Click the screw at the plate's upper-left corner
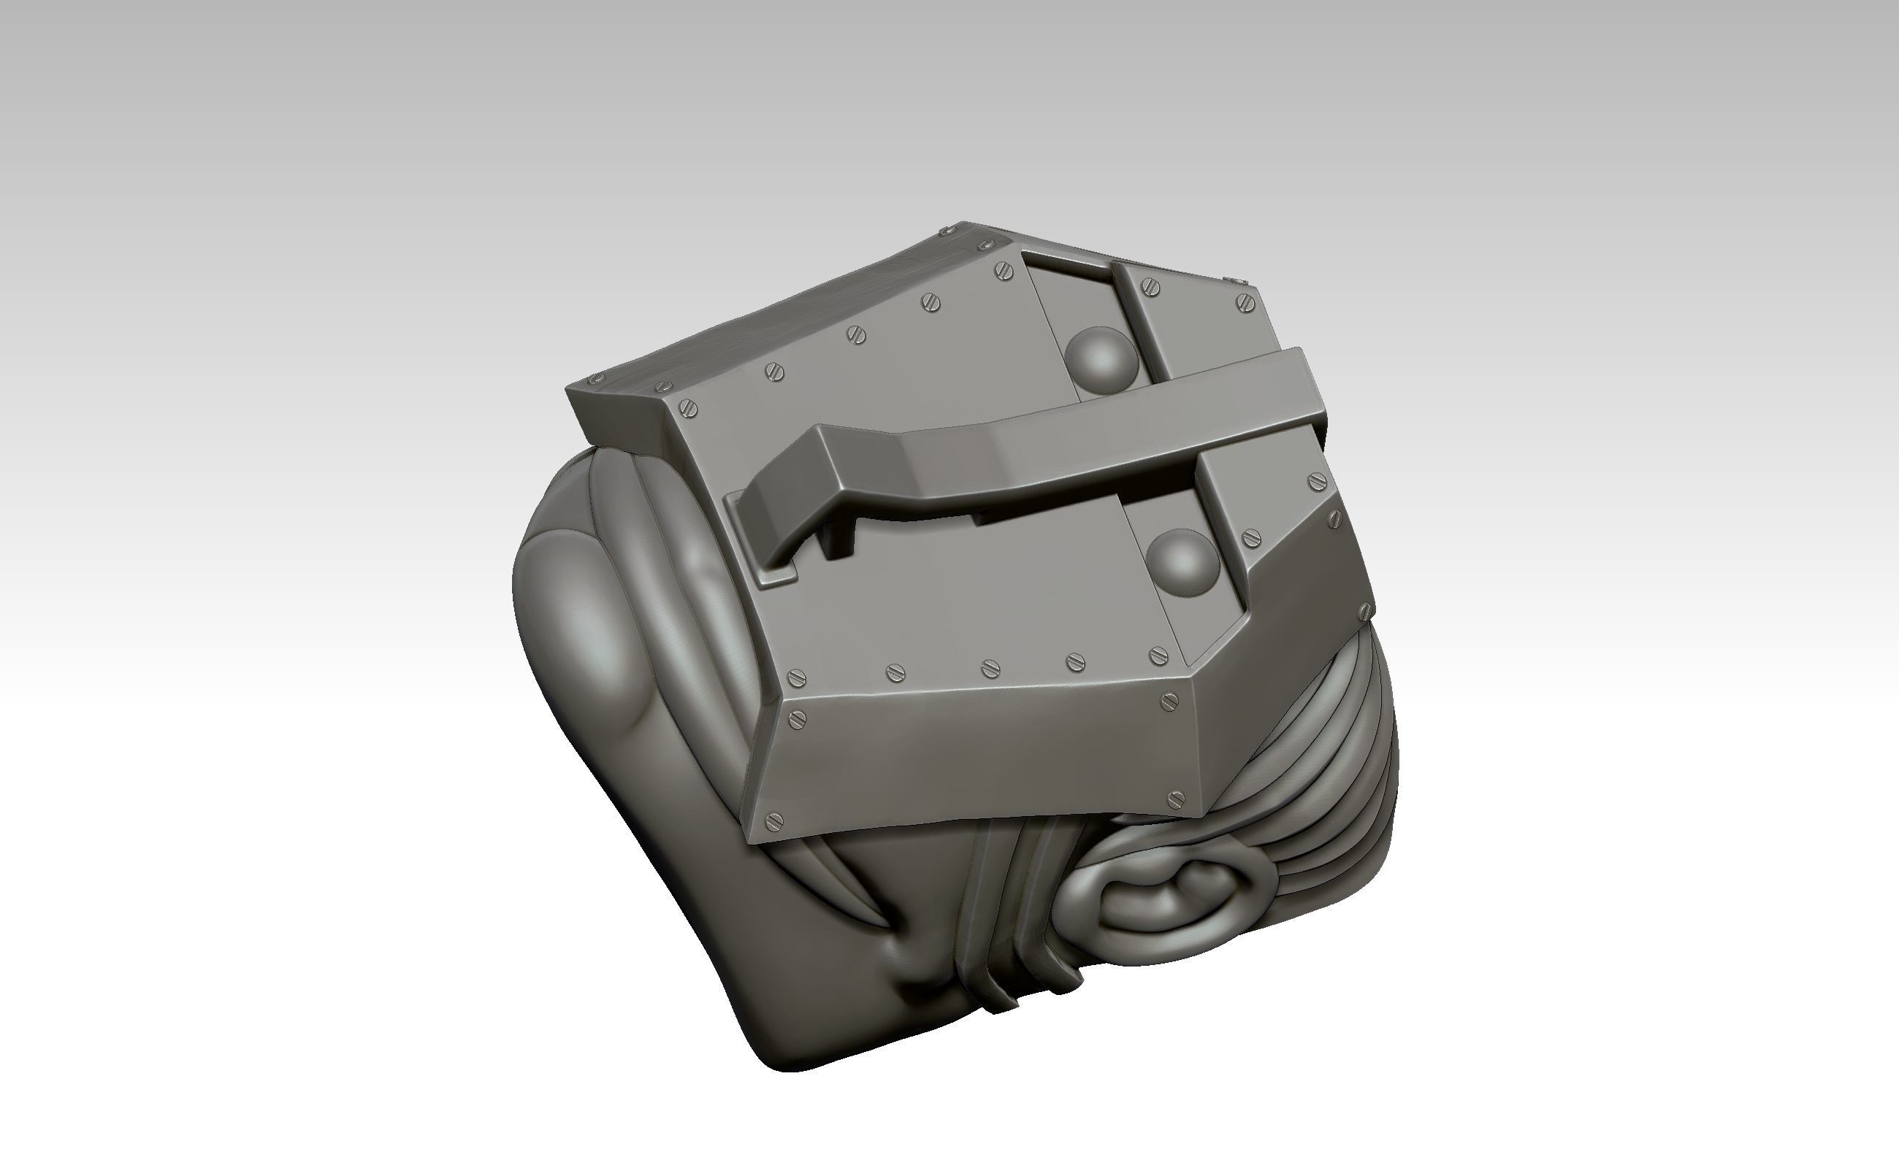(687, 408)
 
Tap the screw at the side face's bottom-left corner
(776, 821)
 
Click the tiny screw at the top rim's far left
(596, 380)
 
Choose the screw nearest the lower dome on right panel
(1250, 538)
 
